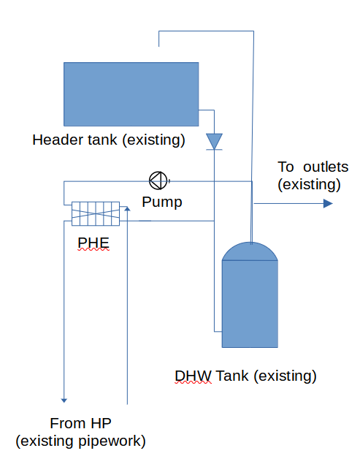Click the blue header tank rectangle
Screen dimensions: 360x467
[131, 94]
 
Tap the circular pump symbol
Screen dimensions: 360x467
[158, 181]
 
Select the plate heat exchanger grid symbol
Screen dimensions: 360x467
[96, 214]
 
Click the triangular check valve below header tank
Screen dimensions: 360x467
[214, 142]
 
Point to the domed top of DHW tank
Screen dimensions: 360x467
[250, 251]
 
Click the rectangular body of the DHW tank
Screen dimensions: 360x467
[250, 304]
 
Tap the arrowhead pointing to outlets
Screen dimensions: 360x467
[328, 204]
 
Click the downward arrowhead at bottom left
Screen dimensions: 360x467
[64, 400]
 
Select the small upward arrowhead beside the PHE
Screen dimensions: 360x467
[127, 208]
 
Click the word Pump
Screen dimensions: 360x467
[162, 202]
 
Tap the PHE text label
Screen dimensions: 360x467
[93, 243]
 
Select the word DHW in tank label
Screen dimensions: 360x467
[193, 376]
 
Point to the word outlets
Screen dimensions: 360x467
[326, 167]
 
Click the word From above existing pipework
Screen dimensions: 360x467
[69, 423]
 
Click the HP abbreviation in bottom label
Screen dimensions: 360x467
[102, 423]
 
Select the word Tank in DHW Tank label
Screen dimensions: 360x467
[232, 376]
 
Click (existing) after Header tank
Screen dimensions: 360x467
[154, 140]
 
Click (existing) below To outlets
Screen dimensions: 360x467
[309, 185]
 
